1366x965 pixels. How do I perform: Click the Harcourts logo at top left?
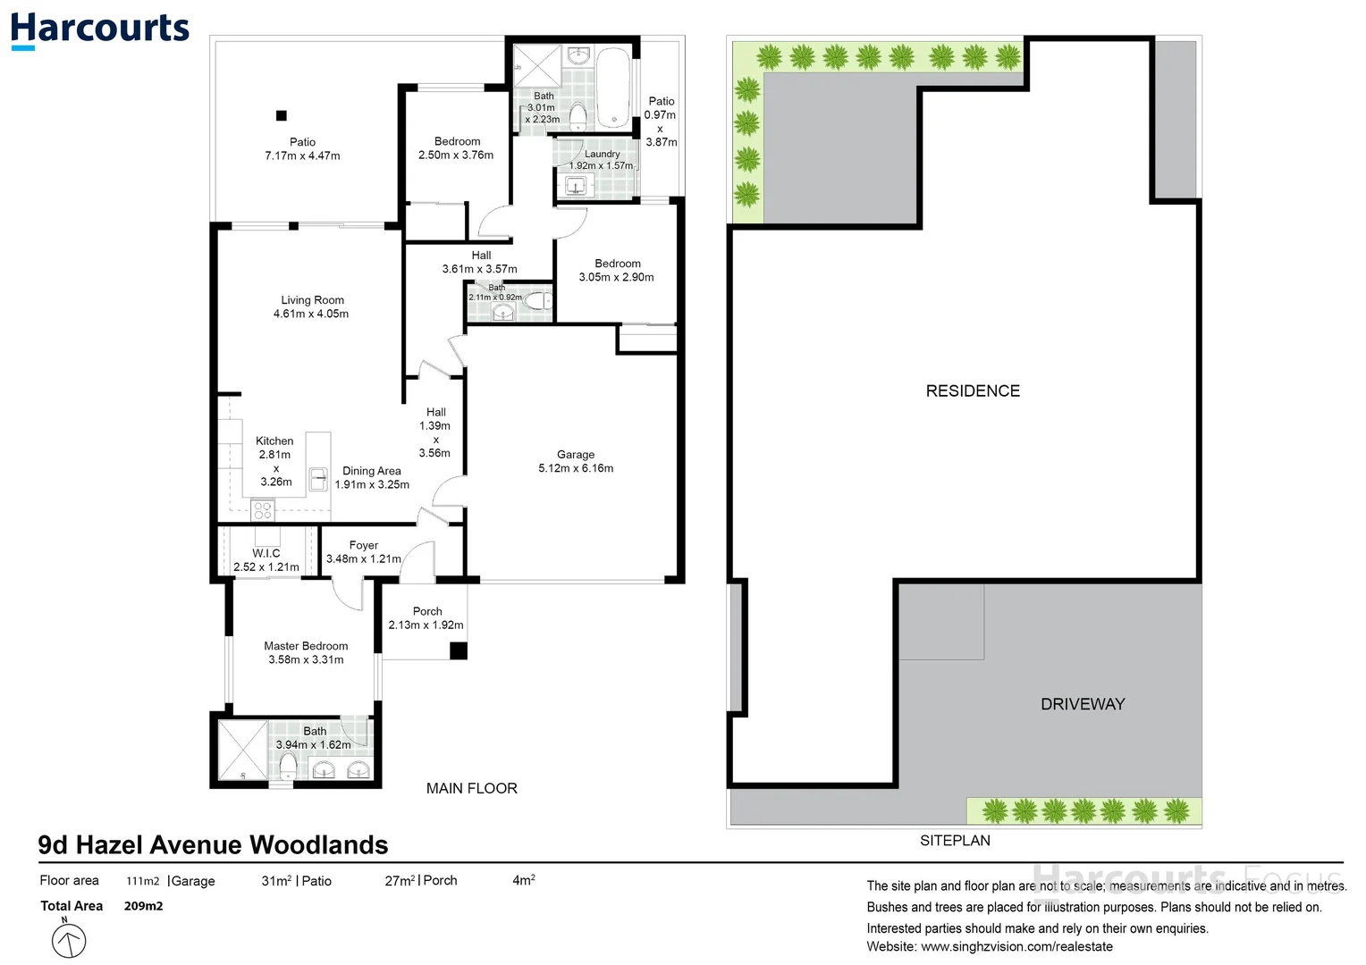tap(100, 30)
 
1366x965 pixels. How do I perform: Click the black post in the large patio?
tap(281, 115)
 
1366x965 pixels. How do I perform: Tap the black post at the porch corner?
tap(459, 650)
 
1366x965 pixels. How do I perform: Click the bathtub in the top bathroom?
tap(613, 88)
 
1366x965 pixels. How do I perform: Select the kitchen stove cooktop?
tap(263, 510)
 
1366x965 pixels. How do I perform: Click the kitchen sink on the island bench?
tap(318, 479)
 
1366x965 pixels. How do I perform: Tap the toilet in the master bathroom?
tap(288, 767)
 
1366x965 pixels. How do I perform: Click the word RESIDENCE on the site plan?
tap(973, 390)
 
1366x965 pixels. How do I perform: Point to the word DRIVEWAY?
tap(1083, 704)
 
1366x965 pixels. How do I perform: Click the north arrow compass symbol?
tap(68, 939)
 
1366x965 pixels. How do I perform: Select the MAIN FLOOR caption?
tap(471, 788)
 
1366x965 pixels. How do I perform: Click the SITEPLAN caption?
tap(955, 840)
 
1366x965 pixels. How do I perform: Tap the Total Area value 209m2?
tap(143, 906)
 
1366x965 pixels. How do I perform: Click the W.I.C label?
tap(266, 553)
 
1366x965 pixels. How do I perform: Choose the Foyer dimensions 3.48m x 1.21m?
tap(364, 558)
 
